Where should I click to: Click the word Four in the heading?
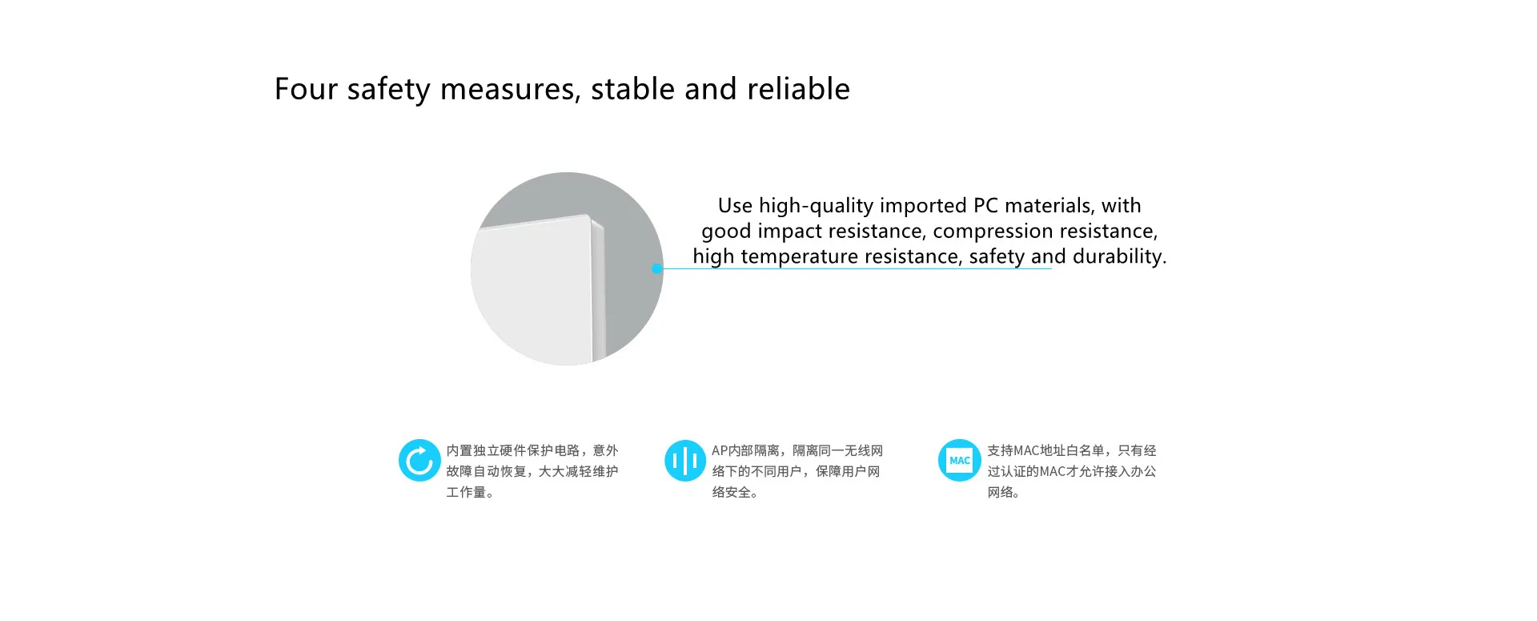coord(307,89)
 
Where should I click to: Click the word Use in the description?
coord(735,206)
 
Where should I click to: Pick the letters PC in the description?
coord(985,206)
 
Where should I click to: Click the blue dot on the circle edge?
coord(657,269)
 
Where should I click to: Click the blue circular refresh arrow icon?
coord(419,461)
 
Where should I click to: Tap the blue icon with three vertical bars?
coord(685,461)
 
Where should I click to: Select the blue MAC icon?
coord(959,461)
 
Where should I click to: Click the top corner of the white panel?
coord(589,215)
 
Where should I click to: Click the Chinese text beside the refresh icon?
coord(532,471)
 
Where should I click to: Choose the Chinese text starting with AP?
coord(797,471)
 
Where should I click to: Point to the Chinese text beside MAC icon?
coord(1072,471)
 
